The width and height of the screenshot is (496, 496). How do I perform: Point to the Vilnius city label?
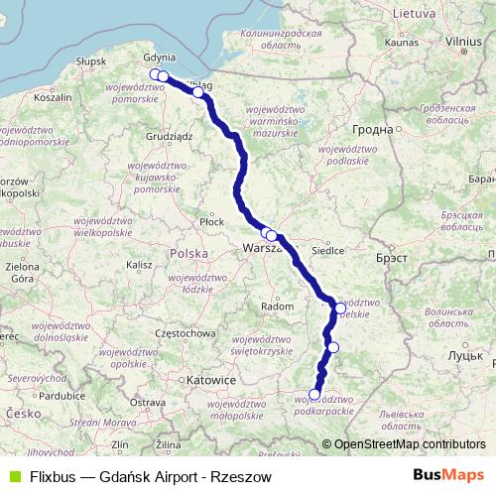(x=463, y=42)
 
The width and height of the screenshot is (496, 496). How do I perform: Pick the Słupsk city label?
(x=90, y=62)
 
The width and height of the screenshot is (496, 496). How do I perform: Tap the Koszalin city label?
(x=53, y=98)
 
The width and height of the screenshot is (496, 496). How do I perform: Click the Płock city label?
(x=211, y=222)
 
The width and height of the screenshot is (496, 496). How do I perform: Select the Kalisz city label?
(x=138, y=265)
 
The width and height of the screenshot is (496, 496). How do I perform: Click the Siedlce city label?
(x=327, y=251)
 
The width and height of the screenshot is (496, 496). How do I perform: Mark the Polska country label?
(x=188, y=254)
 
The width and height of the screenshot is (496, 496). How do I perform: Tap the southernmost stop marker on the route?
(x=315, y=394)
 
